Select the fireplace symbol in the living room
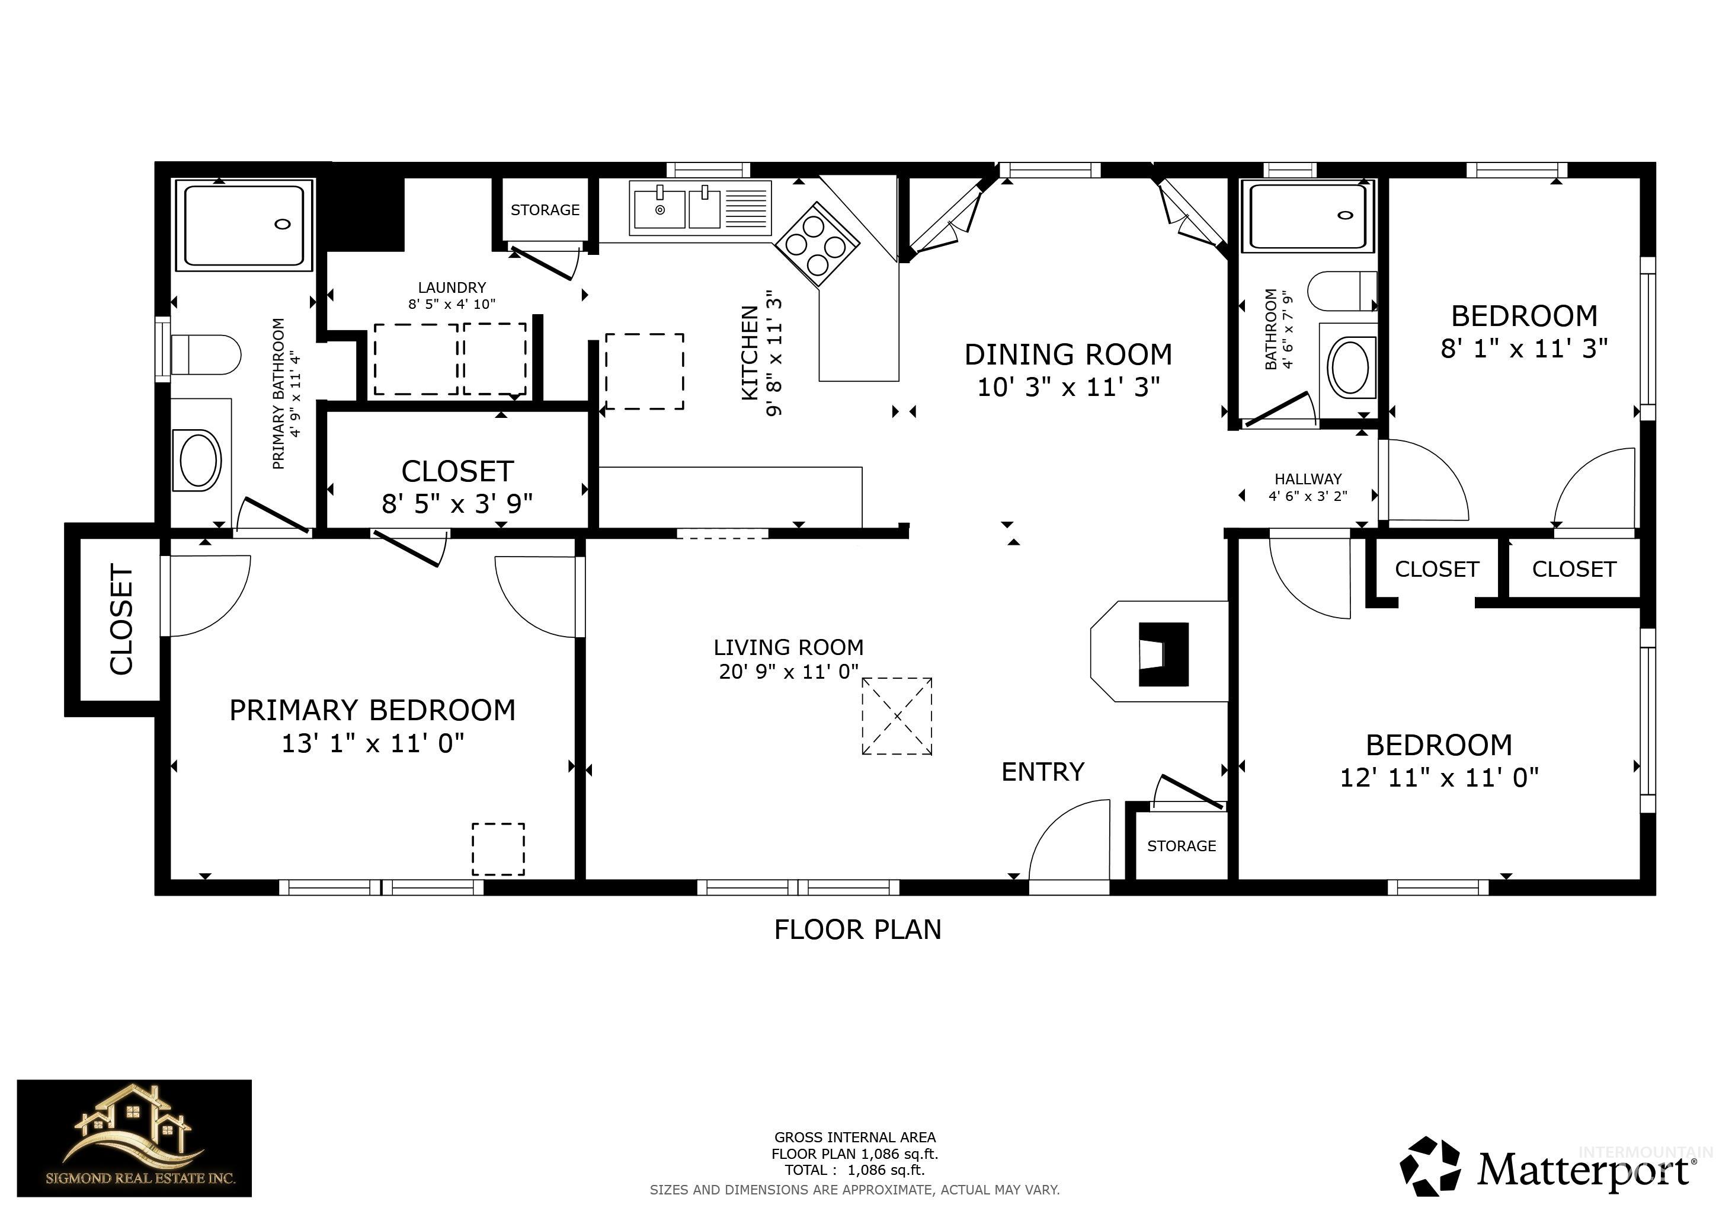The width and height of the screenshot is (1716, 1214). [1162, 654]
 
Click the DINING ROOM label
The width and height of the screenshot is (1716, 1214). [1067, 355]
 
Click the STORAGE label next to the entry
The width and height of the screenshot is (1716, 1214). [1181, 845]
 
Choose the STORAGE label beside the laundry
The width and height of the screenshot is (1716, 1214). [545, 210]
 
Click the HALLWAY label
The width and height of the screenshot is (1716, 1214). [1307, 478]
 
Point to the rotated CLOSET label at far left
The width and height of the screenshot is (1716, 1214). [121, 619]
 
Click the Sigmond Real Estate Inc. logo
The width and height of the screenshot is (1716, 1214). [135, 1137]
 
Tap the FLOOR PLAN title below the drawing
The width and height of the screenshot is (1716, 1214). [857, 929]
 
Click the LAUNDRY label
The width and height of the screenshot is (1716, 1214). [452, 287]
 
